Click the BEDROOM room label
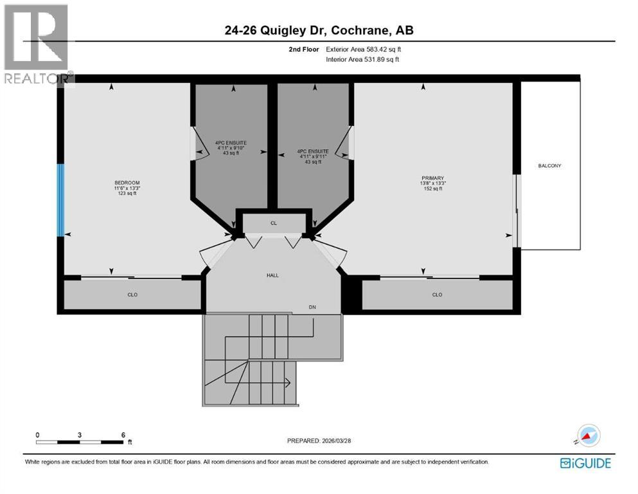pyautogui.click(x=126, y=183)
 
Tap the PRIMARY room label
pyautogui.click(x=433, y=178)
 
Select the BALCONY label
pyautogui.click(x=549, y=166)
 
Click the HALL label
pyautogui.click(x=273, y=275)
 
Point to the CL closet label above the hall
pyautogui.click(x=273, y=223)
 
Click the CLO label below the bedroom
pyautogui.click(x=132, y=295)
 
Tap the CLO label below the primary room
pyautogui.click(x=437, y=295)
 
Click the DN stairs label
pyautogui.click(x=313, y=308)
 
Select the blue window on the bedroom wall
pyautogui.click(x=61, y=200)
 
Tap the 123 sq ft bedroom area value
pyautogui.click(x=126, y=193)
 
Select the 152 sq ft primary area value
pyautogui.click(x=433, y=188)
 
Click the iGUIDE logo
pyautogui.click(x=585, y=462)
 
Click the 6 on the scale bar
pyautogui.click(x=123, y=435)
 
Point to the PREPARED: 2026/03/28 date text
pyautogui.click(x=319, y=441)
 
